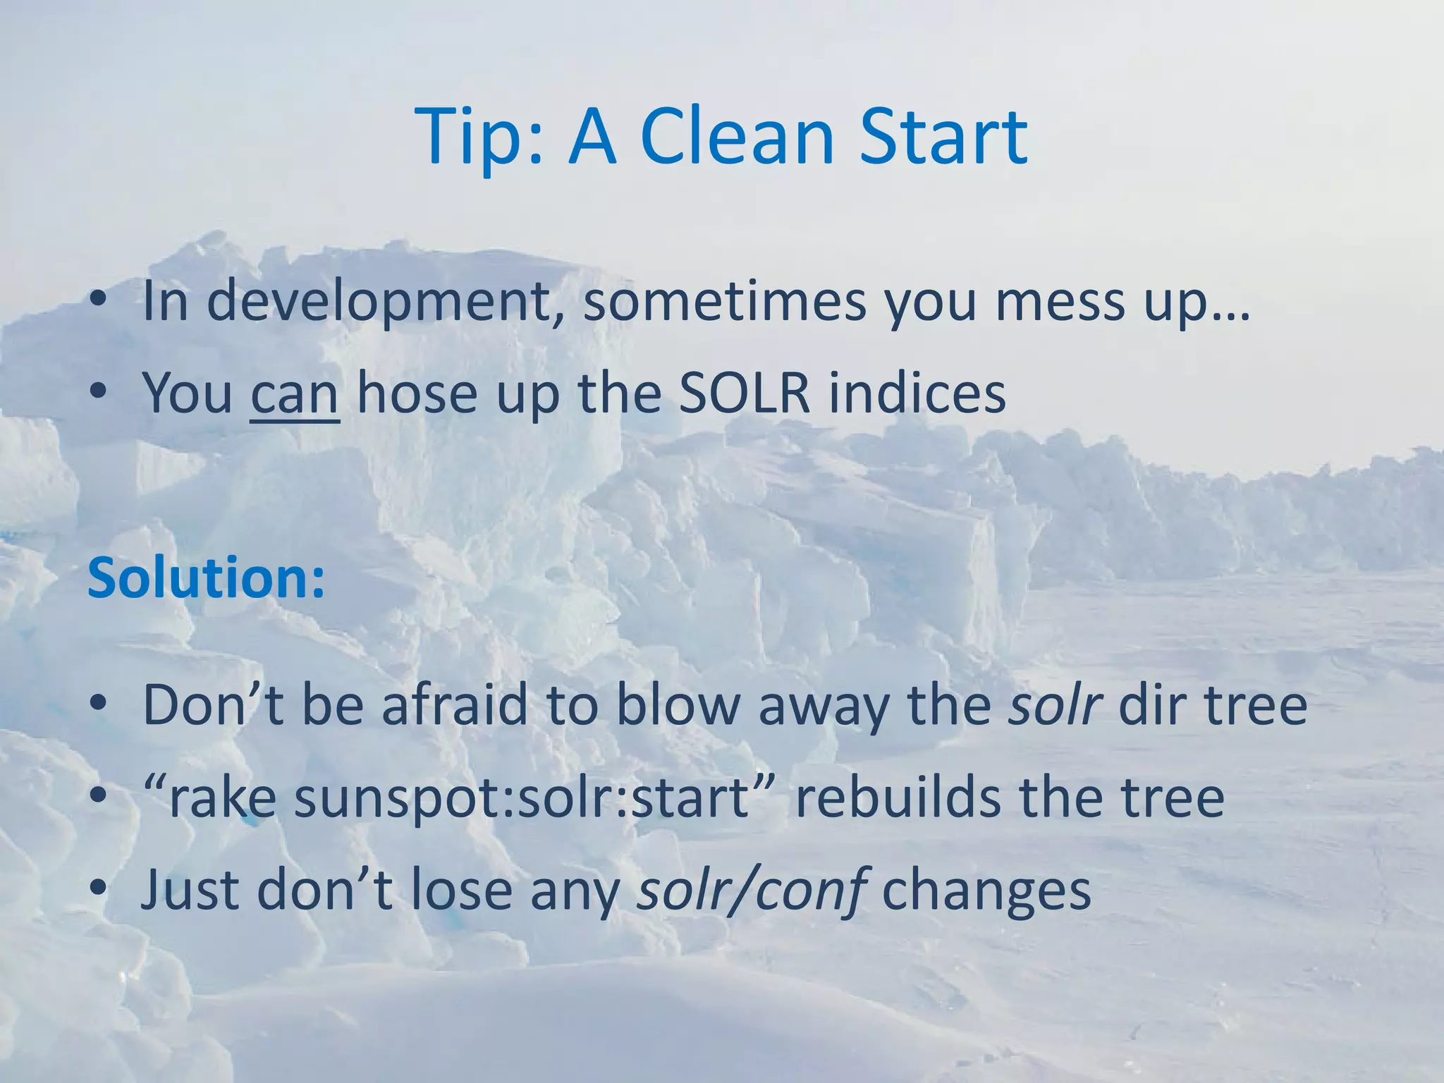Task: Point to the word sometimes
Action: pos(723,302)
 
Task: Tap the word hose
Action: pos(417,393)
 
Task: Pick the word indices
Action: pos(917,393)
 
